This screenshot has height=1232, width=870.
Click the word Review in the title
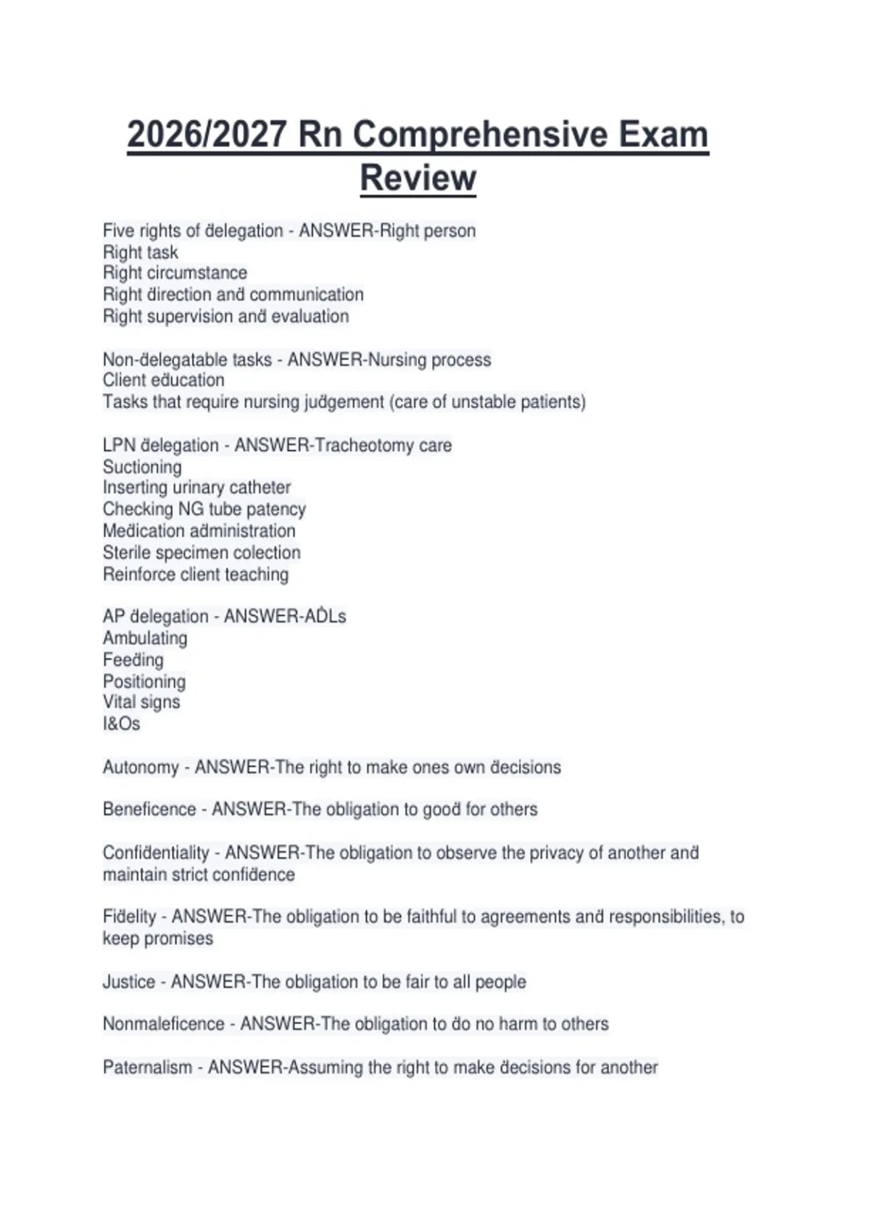(418, 178)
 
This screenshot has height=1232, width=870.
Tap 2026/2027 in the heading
(207, 135)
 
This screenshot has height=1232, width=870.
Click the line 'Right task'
(140, 252)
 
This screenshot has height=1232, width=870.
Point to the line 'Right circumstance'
(175, 273)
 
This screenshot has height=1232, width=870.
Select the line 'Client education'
(163, 380)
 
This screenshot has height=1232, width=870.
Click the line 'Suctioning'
(142, 467)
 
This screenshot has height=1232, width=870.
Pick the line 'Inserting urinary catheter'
(196, 488)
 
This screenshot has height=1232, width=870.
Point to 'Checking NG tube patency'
(204, 509)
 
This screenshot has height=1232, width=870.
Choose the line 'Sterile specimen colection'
(202, 552)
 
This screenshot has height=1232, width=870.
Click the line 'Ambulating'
(145, 638)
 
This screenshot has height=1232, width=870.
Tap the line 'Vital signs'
(141, 702)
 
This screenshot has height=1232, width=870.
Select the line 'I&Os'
(121, 724)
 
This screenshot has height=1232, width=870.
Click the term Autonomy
(141, 767)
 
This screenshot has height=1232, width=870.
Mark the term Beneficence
(149, 809)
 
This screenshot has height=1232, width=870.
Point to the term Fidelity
(129, 917)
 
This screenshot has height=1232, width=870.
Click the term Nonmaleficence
(163, 1024)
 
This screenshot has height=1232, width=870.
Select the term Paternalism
(147, 1067)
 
